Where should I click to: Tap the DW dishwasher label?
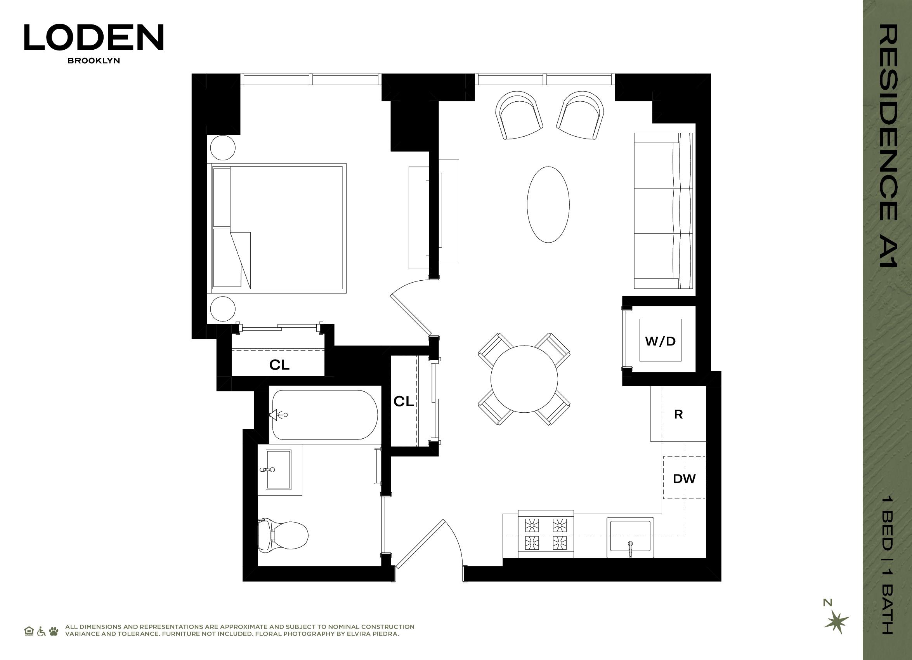(x=684, y=479)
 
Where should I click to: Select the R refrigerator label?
(x=678, y=415)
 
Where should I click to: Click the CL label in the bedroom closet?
(x=279, y=365)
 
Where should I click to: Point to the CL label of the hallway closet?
(x=404, y=401)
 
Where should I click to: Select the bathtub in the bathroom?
(x=325, y=415)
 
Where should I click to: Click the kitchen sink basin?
(x=630, y=537)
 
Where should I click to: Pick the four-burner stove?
(x=546, y=534)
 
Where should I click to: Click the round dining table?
(x=524, y=379)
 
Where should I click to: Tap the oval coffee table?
(x=548, y=205)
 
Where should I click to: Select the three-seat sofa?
(x=664, y=211)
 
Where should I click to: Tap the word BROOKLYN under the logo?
(x=94, y=61)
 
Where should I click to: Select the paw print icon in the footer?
(x=54, y=631)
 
